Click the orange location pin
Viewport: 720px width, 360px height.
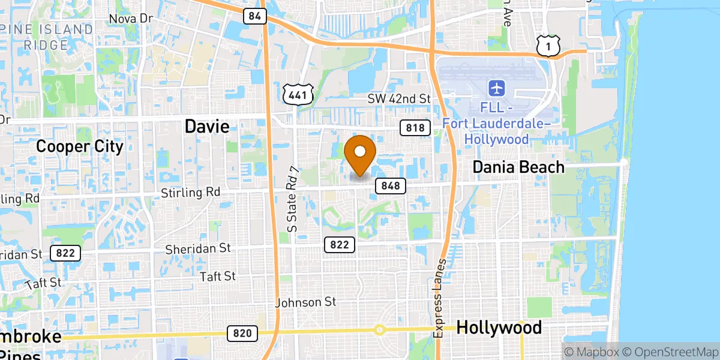tap(361, 154)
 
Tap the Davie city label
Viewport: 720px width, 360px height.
tap(206, 127)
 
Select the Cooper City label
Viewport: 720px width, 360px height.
tap(80, 146)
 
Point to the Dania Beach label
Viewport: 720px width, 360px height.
tap(518, 167)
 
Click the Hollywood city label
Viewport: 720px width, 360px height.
tap(499, 328)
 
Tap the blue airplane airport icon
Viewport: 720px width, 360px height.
tap(497, 89)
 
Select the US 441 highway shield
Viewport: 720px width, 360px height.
tap(298, 94)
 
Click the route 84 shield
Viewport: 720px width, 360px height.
tap(255, 16)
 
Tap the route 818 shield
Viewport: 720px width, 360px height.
tap(415, 128)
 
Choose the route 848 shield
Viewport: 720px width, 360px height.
tap(391, 186)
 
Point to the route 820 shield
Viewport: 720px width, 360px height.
tap(242, 333)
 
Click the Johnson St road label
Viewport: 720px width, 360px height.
tap(306, 302)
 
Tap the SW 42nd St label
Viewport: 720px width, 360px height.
tap(400, 98)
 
